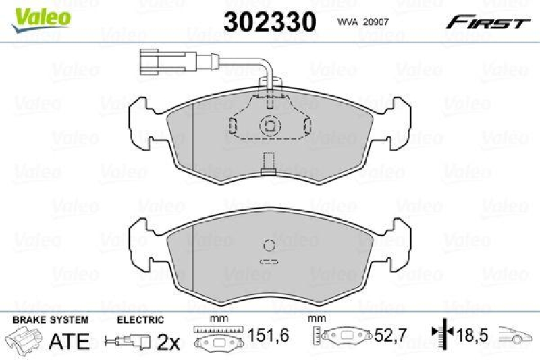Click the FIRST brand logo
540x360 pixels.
point(487,23)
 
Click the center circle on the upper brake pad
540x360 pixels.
point(269,125)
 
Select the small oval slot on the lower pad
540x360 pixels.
point(269,262)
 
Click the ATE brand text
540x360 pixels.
point(69,341)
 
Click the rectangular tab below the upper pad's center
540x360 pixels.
point(269,164)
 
